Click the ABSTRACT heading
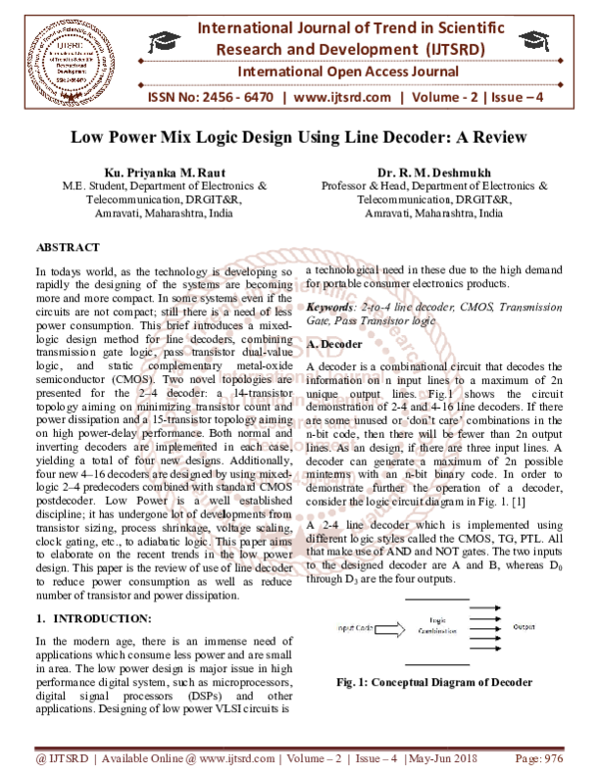pos(68,246)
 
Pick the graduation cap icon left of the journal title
pos(164,42)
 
